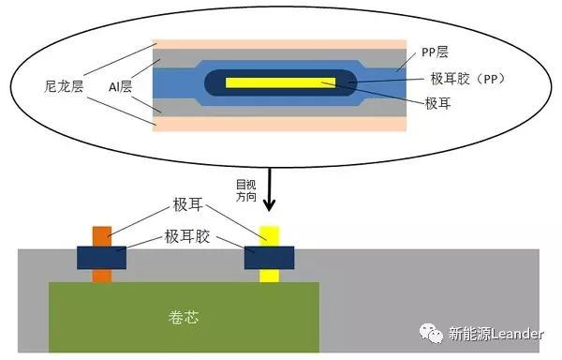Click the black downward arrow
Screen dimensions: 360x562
pyautogui.click(x=270, y=192)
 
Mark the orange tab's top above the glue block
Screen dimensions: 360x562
pyautogui.click(x=101, y=235)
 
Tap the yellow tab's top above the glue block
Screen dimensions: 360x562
pyautogui.click(x=270, y=235)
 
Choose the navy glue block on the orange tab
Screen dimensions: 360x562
pyautogui.click(x=101, y=257)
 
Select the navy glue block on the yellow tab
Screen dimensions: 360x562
pyautogui.click(x=270, y=257)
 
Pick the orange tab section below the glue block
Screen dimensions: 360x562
pyautogui.click(x=101, y=276)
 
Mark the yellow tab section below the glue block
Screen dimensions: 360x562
pyautogui.click(x=270, y=276)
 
